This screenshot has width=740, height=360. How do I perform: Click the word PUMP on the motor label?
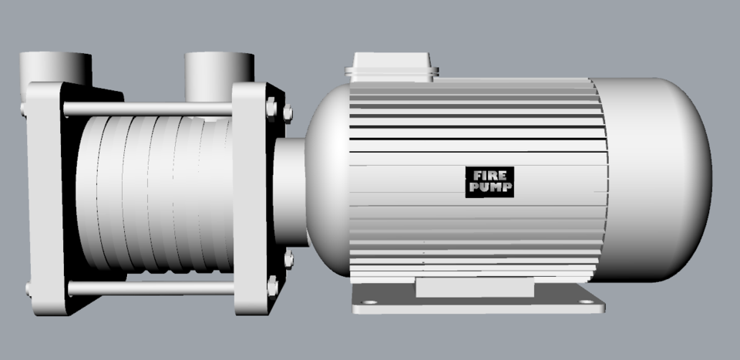(489, 187)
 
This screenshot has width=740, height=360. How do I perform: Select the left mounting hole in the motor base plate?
(369, 302)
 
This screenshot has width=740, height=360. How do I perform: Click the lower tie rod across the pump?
(150, 288)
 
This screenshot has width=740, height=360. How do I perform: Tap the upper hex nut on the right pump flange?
(272, 107)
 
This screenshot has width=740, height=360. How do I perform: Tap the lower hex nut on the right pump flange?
(272, 286)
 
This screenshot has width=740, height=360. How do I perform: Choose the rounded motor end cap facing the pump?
(328, 177)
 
